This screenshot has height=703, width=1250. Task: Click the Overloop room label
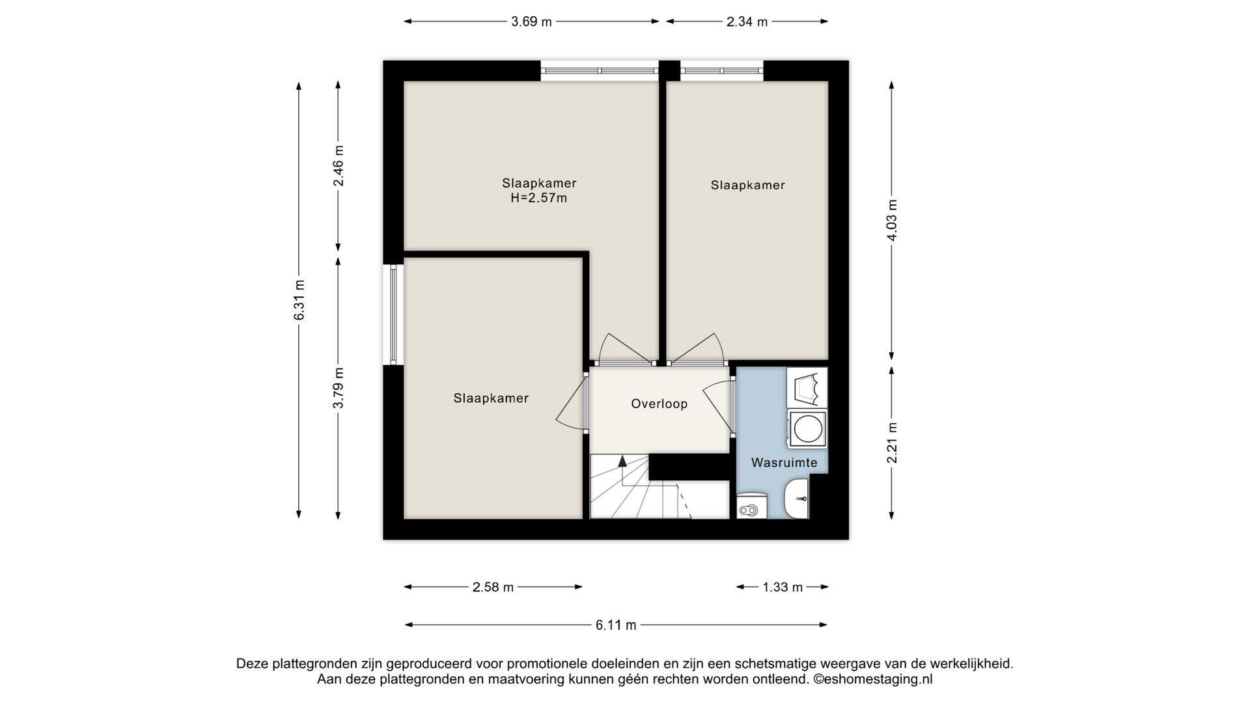(659, 404)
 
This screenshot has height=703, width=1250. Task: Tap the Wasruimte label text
(784, 463)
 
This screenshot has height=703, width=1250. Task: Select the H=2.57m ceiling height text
(538, 198)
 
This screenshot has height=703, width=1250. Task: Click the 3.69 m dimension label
(531, 21)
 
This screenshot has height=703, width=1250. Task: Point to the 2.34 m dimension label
(747, 21)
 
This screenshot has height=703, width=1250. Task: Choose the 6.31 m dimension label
(299, 299)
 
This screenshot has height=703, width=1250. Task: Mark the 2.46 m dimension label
(338, 165)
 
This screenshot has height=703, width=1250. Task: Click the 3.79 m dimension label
(338, 388)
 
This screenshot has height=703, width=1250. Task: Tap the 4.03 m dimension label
(891, 220)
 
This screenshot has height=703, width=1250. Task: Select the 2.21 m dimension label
(891, 443)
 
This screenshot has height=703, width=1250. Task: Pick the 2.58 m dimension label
(493, 587)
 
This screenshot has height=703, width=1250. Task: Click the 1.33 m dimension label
(783, 587)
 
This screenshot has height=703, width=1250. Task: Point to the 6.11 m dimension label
(616, 625)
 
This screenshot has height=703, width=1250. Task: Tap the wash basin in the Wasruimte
(796, 499)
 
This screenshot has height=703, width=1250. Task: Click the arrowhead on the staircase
(622, 461)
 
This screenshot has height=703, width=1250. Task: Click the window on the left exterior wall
(393, 314)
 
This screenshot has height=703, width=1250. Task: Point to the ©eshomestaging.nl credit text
(872, 679)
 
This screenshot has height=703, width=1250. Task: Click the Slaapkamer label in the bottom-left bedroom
(491, 398)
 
